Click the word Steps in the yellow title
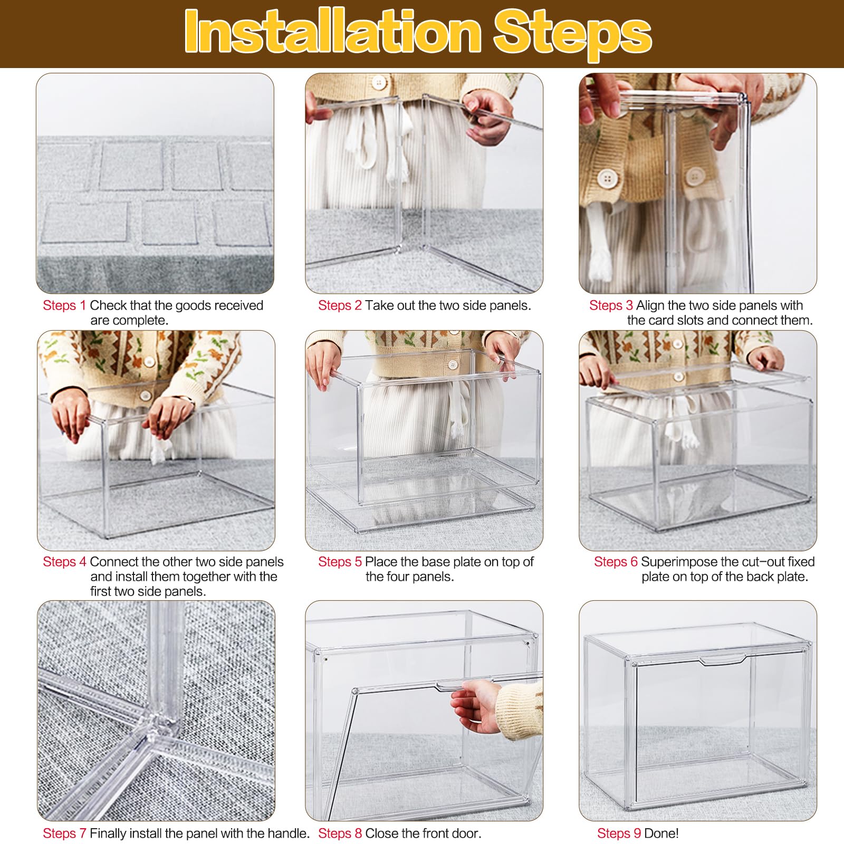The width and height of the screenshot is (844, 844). pos(572,33)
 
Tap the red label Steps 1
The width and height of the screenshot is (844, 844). pos(64,305)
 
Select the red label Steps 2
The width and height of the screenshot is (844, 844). pos(340,305)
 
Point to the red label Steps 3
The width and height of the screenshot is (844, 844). pos(611,305)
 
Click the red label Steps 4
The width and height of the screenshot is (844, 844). pos(64,562)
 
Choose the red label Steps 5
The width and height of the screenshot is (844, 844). pos(340,562)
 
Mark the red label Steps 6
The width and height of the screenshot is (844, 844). pos(616,562)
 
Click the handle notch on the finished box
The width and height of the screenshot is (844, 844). pos(722,659)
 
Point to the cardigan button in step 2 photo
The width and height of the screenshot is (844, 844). pos(378,82)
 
